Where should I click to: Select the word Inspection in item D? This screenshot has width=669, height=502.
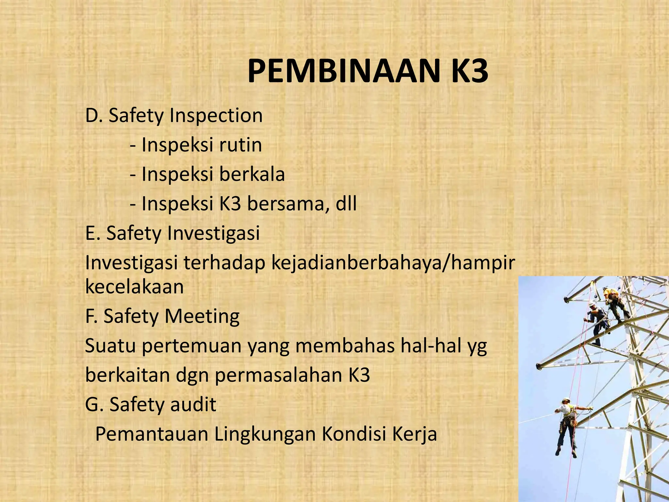pyautogui.click(x=216, y=116)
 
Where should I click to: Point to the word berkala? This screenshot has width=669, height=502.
pyautogui.click(x=252, y=174)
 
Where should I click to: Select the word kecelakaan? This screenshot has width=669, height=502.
pyautogui.click(x=134, y=287)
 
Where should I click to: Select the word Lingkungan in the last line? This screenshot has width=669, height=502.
pyautogui.click(x=265, y=434)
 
